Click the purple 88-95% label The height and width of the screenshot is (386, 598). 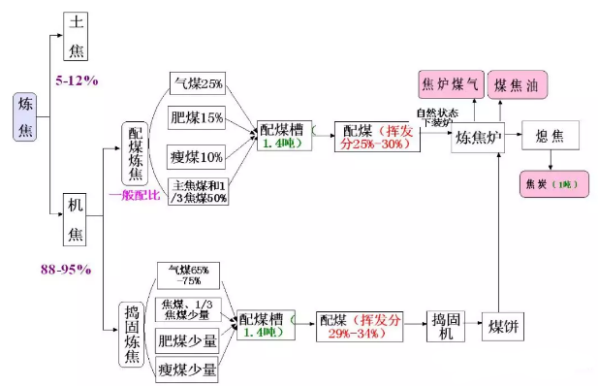66,268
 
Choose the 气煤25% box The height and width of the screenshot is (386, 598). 197,82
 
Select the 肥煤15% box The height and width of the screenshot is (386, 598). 197,118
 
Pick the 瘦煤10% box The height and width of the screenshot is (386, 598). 197,155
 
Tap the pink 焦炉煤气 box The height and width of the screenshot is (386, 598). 449,85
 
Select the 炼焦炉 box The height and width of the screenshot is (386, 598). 478,138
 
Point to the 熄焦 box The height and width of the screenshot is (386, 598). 549,137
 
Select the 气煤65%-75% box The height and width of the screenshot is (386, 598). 191,275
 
